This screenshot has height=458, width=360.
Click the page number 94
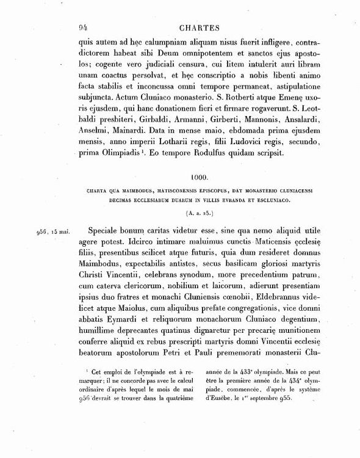(85, 27)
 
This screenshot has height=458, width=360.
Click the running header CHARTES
(200, 27)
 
